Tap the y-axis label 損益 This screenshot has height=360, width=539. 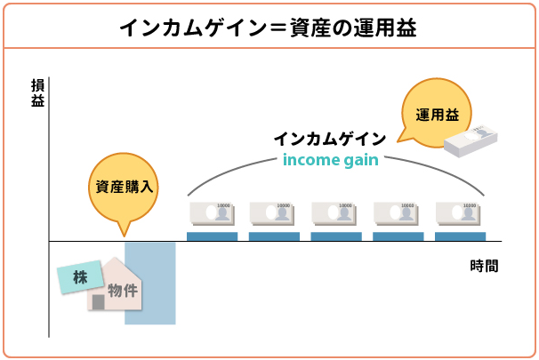(37, 93)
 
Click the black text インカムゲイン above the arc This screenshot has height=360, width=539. (329, 140)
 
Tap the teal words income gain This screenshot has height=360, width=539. (330, 160)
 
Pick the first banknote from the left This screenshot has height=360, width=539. (212, 213)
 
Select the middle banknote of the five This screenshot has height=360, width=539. (336, 213)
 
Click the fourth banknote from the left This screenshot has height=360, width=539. (398, 213)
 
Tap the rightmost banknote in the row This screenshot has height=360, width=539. (460, 213)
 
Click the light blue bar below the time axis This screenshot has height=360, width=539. (150, 283)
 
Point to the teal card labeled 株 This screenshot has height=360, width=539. (81, 277)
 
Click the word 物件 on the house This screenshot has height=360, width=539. (123, 290)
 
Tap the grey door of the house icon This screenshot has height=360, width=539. (99, 301)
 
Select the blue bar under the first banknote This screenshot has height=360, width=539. (212, 236)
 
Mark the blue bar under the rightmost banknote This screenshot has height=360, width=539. (460, 236)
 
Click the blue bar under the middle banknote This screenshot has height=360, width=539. (336, 236)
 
